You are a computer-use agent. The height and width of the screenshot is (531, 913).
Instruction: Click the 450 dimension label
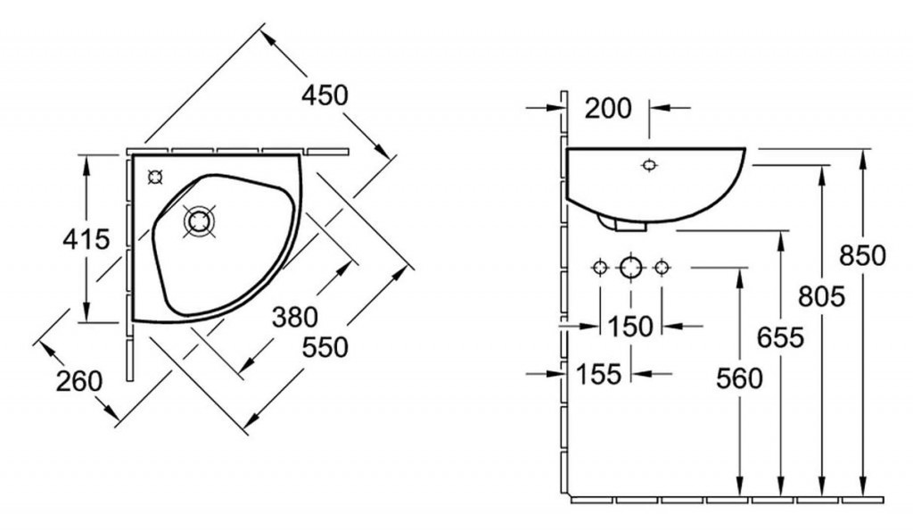pyautogui.click(x=325, y=95)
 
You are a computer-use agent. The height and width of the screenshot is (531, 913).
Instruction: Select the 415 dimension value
pyautogui.click(x=86, y=239)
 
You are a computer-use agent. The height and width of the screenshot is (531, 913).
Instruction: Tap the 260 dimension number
pyautogui.click(x=79, y=381)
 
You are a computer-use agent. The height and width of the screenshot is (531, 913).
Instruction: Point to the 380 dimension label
pyautogui.click(x=295, y=317)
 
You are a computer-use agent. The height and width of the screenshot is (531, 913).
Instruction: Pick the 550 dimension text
pyautogui.click(x=325, y=347)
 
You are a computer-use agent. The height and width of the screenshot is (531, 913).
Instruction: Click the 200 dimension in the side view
pyautogui.click(x=608, y=108)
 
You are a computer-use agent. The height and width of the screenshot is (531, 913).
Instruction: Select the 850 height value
pyautogui.click(x=862, y=255)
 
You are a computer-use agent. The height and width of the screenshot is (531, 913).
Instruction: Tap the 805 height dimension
pyautogui.click(x=821, y=296)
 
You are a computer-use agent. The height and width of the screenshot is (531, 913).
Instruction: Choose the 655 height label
pyautogui.click(x=780, y=337)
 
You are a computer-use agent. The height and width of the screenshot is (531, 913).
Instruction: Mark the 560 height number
pyautogui.click(x=739, y=379)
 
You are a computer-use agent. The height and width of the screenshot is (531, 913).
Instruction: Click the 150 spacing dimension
pyautogui.click(x=630, y=327)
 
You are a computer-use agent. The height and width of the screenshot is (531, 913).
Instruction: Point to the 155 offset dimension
pyautogui.click(x=598, y=374)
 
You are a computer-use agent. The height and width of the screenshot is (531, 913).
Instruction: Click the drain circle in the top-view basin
pyautogui.click(x=199, y=221)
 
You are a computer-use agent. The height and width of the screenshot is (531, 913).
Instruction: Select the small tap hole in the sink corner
pyautogui.click(x=155, y=176)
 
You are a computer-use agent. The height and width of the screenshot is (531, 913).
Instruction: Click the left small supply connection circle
pyautogui.click(x=600, y=268)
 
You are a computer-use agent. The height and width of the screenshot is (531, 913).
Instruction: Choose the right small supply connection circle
pyautogui.click(x=661, y=268)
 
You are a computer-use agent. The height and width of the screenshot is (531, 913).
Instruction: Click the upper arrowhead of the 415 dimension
pyautogui.click(x=86, y=164)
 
